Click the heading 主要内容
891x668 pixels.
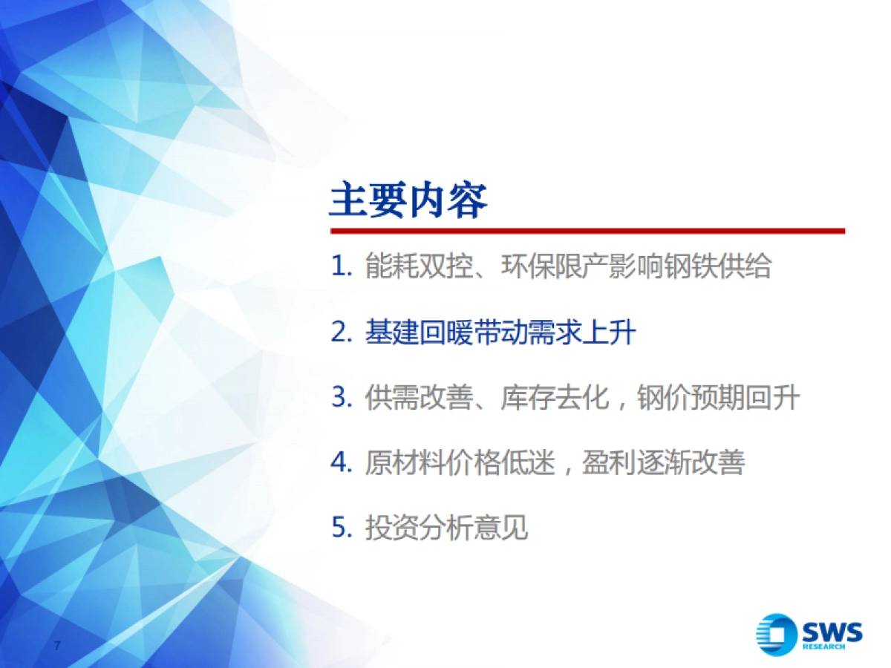[408, 200]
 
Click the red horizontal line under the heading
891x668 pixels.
[587, 231]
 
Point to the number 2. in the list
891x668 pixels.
[341, 333]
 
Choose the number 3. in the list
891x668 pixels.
[341, 399]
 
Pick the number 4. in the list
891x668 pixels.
[341, 464]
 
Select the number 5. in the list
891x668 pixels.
[341, 528]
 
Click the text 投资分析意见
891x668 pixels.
[446, 528]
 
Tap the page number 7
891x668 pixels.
[57, 644]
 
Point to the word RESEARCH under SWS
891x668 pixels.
[823, 647]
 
